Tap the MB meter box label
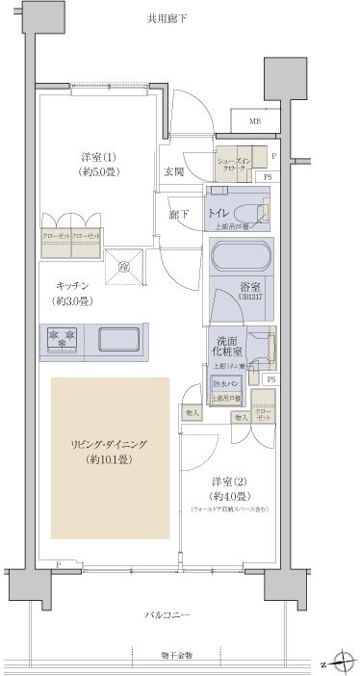point(255,122)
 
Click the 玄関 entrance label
point(174,172)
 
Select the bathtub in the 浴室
point(241,259)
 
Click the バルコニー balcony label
point(169,614)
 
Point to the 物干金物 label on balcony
point(176,656)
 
